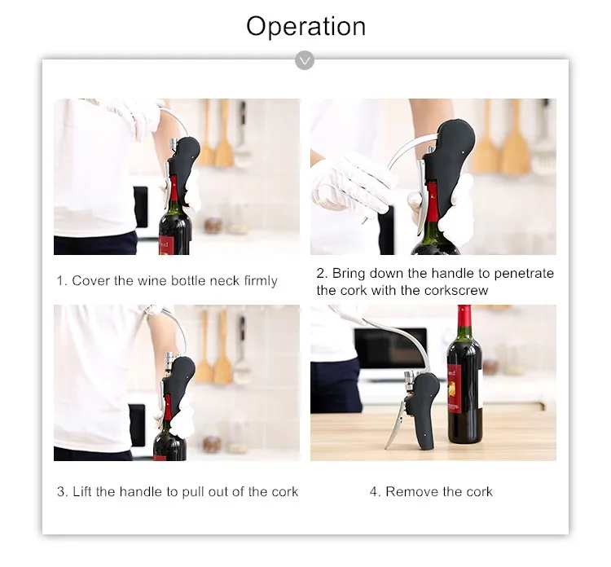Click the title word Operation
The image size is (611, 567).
click(x=305, y=26)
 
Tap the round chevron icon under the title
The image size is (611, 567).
click(x=305, y=59)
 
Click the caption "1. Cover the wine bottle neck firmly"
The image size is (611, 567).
click(x=166, y=281)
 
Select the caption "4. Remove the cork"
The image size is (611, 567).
click(x=431, y=491)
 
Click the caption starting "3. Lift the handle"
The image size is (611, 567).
click(x=177, y=491)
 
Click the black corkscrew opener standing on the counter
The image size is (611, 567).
click(x=421, y=407)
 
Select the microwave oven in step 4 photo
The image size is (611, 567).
click(x=390, y=349)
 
